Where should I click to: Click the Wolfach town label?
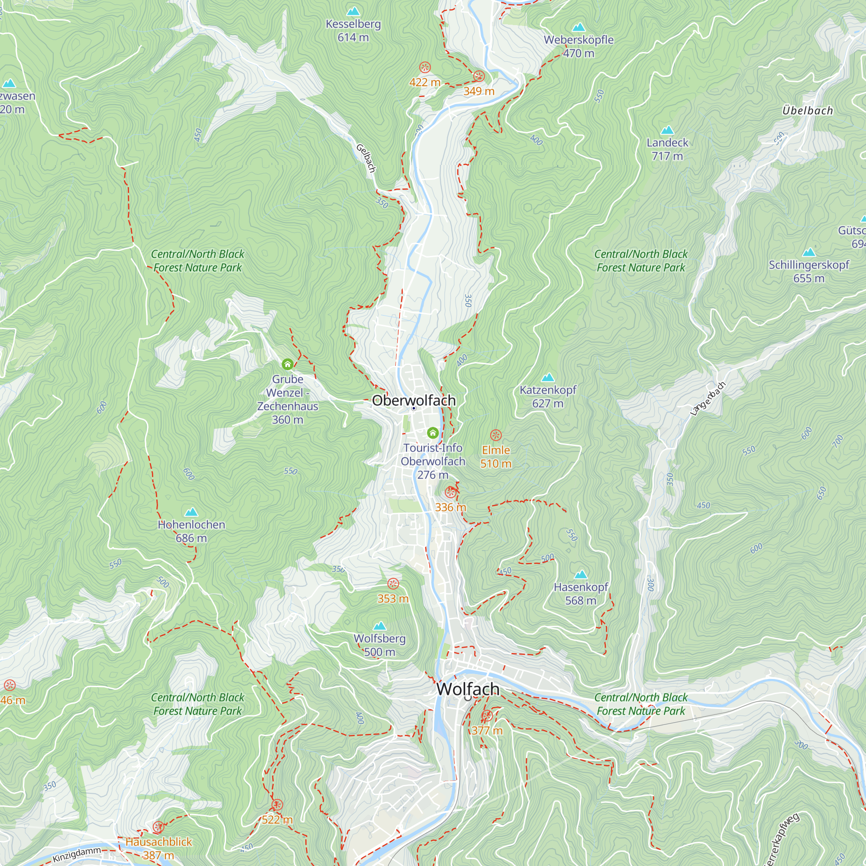point(468,689)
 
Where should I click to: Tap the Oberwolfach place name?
point(414,400)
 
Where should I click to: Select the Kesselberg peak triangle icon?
point(353,11)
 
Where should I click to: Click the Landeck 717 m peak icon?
point(667,130)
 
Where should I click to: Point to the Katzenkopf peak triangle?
point(548,378)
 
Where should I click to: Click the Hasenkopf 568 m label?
point(581,594)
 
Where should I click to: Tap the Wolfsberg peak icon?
point(380,626)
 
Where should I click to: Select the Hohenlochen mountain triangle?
point(191,512)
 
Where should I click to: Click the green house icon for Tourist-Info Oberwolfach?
point(433,433)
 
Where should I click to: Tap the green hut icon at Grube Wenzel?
point(288,364)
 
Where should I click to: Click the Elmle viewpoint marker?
point(495,435)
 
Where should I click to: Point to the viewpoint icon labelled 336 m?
point(450,493)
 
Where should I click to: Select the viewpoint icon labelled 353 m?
point(393,584)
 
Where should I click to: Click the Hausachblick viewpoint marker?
point(158,827)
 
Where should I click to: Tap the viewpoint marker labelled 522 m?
point(277,805)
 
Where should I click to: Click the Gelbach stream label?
point(366,158)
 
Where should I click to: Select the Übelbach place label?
point(807,110)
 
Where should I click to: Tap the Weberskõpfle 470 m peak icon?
point(578,27)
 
